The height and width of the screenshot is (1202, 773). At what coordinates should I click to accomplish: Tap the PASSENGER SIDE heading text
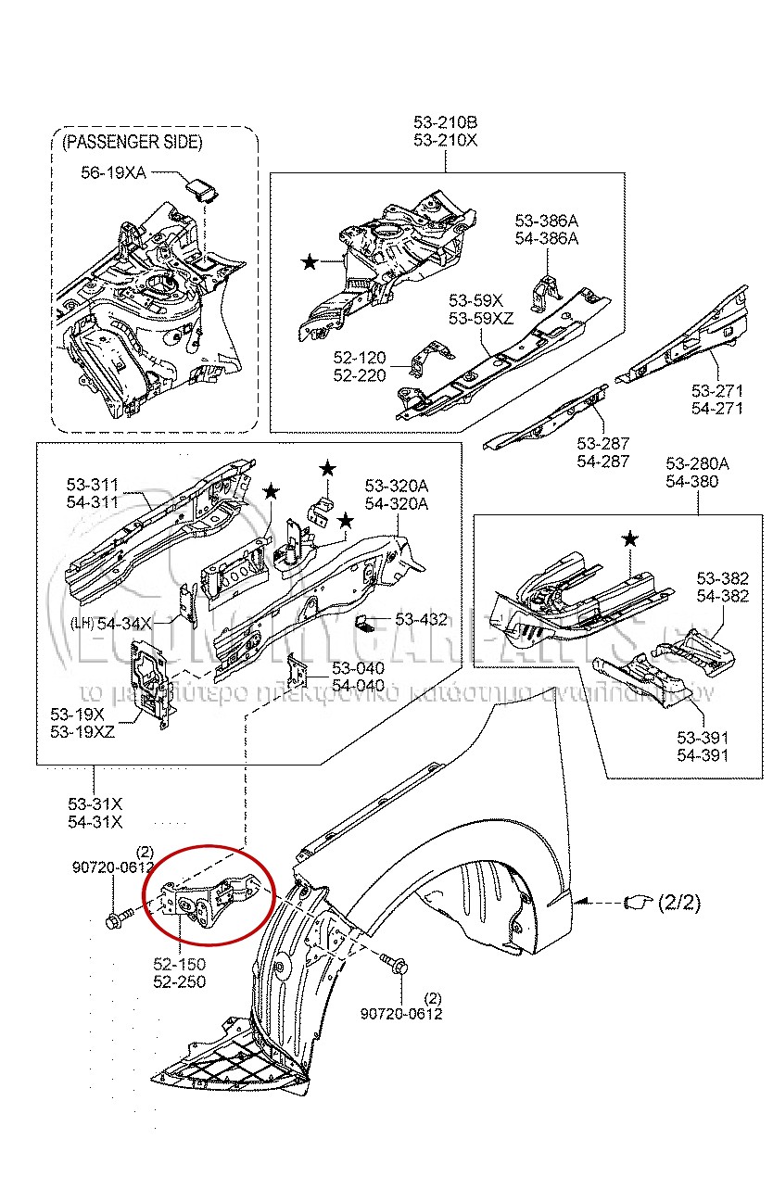tap(132, 142)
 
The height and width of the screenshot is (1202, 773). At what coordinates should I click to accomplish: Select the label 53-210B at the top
tap(445, 123)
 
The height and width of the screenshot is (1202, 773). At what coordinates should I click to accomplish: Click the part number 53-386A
tap(546, 221)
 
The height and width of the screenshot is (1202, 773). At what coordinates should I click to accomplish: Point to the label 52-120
tap(360, 358)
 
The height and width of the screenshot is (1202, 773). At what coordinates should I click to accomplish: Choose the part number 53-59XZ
tap(481, 318)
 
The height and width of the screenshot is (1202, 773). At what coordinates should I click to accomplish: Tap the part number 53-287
tap(602, 444)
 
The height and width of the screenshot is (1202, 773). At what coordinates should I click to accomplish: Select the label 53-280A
tap(697, 464)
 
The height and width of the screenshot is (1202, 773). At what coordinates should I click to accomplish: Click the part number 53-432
tap(421, 619)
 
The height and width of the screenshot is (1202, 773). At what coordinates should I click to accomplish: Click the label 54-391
tap(702, 755)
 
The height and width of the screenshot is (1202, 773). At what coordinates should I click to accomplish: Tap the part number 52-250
tap(179, 982)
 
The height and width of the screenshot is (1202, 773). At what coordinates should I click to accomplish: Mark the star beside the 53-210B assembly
tap(309, 263)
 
